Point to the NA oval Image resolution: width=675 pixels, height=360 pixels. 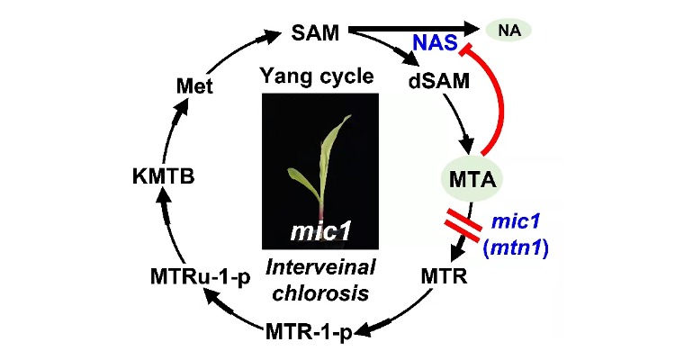[x=508, y=31]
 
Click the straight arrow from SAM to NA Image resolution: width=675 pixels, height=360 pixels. [x=405, y=30]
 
